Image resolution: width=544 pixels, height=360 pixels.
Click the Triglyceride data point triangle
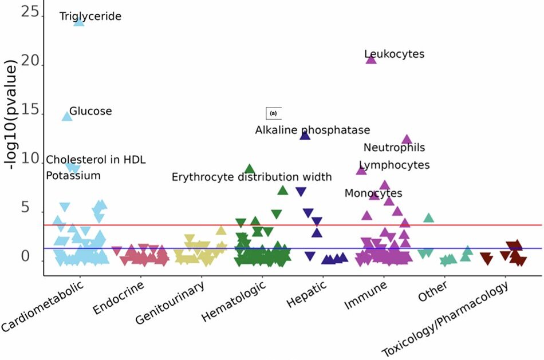(79, 22)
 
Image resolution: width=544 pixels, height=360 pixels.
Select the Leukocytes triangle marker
(371, 60)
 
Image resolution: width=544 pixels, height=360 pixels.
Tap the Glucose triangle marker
(67, 116)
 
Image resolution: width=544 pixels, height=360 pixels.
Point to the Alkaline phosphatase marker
(305, 135)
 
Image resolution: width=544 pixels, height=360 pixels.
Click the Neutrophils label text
(394, 148)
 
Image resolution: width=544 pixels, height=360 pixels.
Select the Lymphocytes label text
(394, 165)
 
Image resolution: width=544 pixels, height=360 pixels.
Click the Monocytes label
(373, 193)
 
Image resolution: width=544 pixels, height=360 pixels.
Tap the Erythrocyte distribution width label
(252, 177)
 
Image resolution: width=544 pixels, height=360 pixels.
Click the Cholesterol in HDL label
(96, 160)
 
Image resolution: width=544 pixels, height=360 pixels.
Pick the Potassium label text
(73, 176)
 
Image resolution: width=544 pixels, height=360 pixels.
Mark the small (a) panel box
(273, 113)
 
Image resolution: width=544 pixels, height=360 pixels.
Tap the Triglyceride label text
(90, 17)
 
